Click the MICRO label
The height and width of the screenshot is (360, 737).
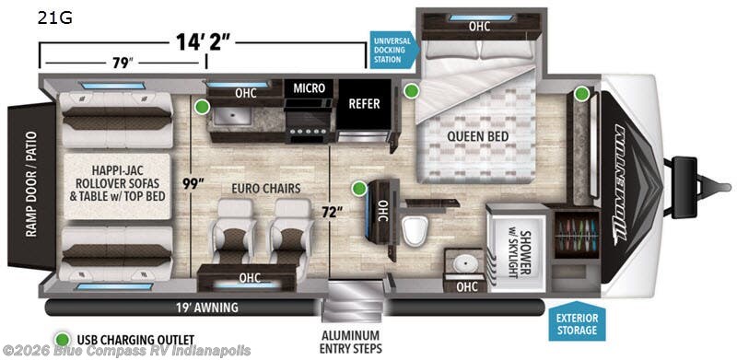coord(309,88)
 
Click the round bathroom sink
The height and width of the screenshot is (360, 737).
coord(465,263)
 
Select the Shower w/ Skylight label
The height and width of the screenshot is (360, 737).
coord(512,241)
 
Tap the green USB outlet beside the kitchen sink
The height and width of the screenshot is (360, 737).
coord(202,108)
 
